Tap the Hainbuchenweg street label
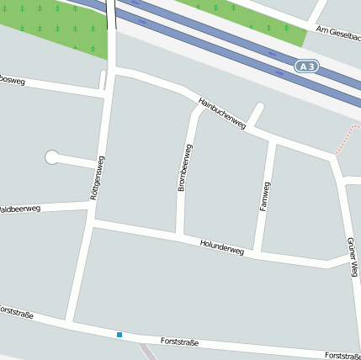click(222, 114)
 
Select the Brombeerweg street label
click(185, 167)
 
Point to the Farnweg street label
click(266, 195)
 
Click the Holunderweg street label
click(222, 246)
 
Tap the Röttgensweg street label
click(97, 177)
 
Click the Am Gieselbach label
click(337, 34)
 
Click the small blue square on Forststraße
click(119, 335)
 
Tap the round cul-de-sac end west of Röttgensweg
click(52, 156)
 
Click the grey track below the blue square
click(148, 352)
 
